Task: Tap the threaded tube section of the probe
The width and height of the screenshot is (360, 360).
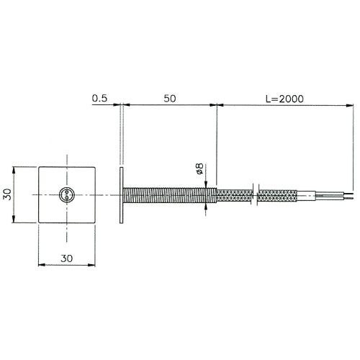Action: pos(169,194)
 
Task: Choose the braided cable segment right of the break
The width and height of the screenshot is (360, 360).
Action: pos(275,194)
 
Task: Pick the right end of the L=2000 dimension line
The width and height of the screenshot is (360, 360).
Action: pos(354,105)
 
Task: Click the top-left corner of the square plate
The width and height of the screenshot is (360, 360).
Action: pos(38,167)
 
